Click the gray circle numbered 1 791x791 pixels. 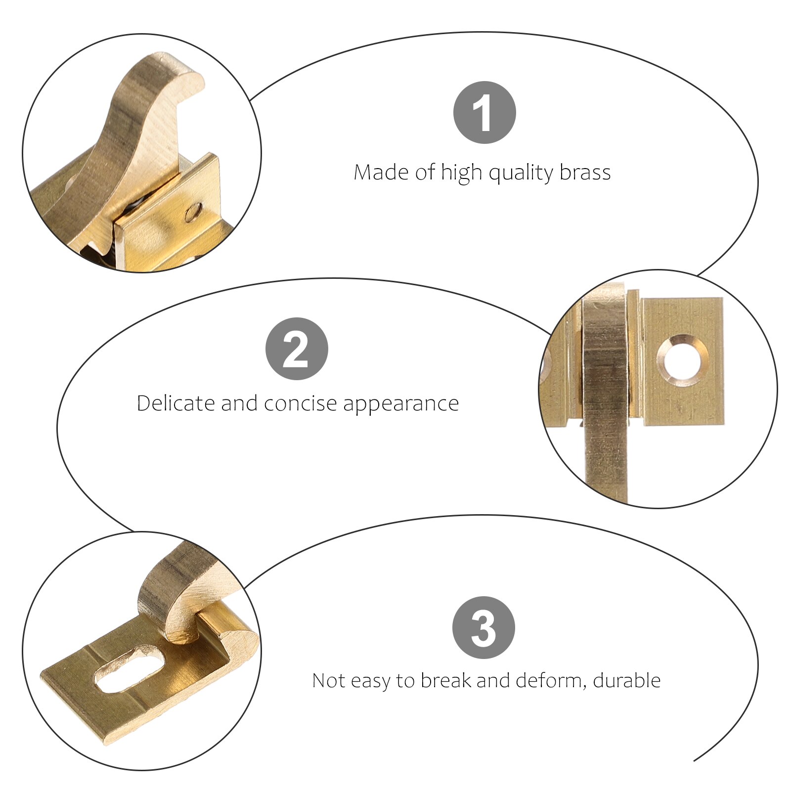click(x=484, y=112)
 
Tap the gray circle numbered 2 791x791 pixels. click(x=297, y=349)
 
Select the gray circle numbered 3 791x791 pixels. click(x=483, y=627)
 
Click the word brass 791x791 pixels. click(x=585, y=173)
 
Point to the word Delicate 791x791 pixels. click(x=176, y=403)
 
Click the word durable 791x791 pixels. click(x=627, y=680)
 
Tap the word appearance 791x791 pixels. click(x=401, y=404)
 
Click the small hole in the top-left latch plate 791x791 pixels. click(x=193, y=213)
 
